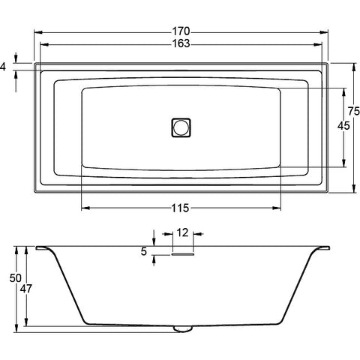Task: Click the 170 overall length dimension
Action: pos(181,31)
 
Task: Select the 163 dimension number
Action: pos(181,43)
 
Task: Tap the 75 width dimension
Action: pos(354,111)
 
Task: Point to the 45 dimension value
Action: pos(343,126)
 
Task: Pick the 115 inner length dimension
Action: pos(180,208)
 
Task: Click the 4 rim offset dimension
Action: pos(3,67)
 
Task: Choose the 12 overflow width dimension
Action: pos(182,232)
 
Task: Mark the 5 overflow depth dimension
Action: pos(143,251)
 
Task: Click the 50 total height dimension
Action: pos(16,278)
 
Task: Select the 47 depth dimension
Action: pos(26,289)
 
